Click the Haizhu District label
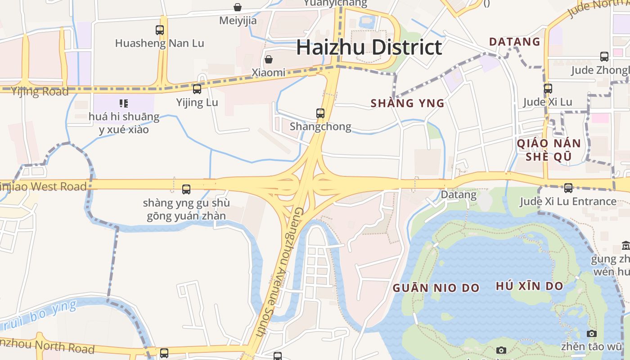[x=369, y=48]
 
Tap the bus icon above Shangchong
[x=320, y=113]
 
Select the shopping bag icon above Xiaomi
[x=269, y=59]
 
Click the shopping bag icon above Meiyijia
[x=238, y=7]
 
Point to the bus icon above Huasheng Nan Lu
[x=160, y=30]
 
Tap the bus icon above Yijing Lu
[x=197, y=89]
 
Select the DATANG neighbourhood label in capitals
[x=514, y=42]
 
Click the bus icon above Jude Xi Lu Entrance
[x=568, y=188]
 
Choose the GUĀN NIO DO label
[x=436, y=288]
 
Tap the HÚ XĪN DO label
[x=529, y=286]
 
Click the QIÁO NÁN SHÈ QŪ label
[x=549, y=150]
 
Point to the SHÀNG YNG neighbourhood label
[x=407, y=103]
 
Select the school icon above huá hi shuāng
[x=124, y=103]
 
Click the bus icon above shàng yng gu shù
[x=186, y=189]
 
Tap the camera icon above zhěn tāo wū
[x=592, y=333]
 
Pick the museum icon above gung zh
[x=625, y=246]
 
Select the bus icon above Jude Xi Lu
[x=548, y=89]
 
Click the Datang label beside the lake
[x=458, y=195]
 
